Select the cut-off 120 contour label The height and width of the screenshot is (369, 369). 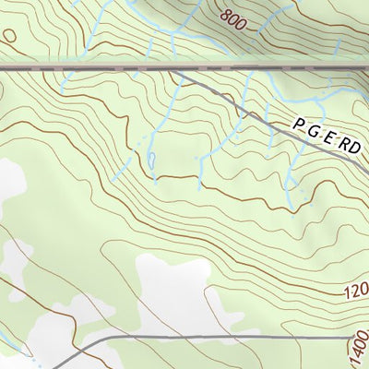click(354, 293)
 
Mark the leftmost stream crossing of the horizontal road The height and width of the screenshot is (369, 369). click(65, 68)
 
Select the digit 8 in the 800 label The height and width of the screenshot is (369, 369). click(226, 14)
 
